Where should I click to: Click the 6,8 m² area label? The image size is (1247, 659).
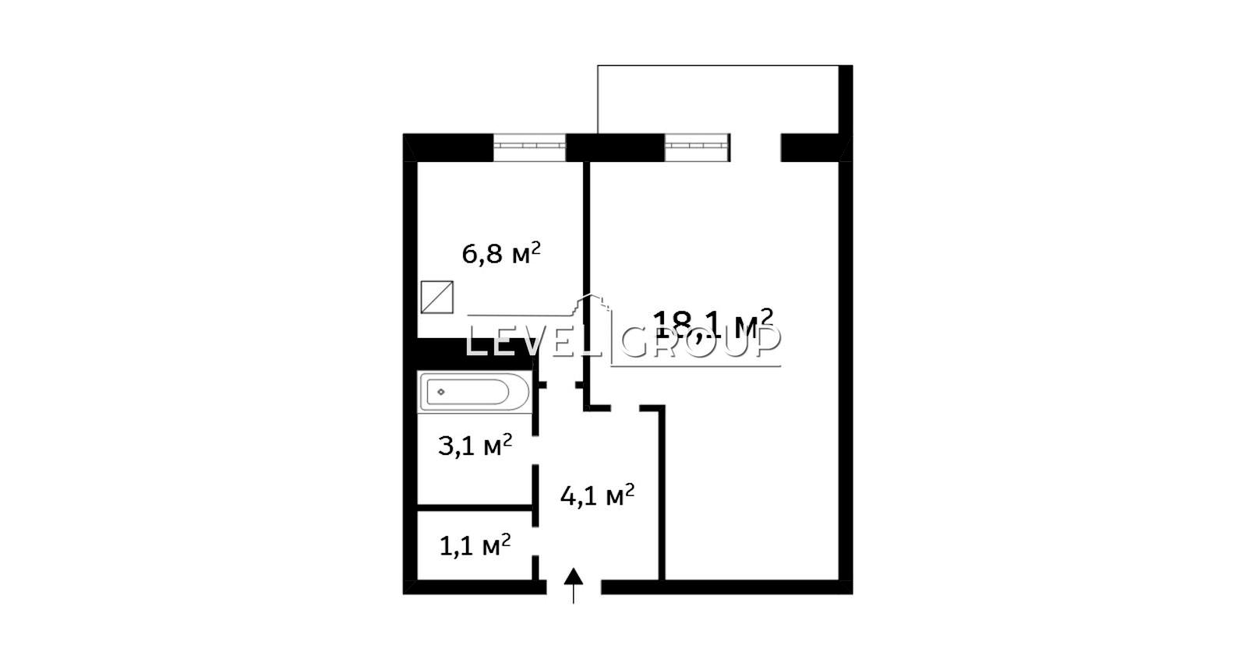point(501,254)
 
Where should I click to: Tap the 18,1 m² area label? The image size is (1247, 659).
point(713,325)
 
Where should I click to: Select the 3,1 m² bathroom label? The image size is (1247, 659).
point(475,446)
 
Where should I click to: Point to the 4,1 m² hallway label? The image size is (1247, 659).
point(597,495)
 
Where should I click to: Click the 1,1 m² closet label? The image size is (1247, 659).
point(475,545)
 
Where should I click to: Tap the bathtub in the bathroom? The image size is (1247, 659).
point(475,393)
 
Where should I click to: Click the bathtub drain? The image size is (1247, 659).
point(441,392)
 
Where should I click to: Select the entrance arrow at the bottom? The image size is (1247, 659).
point(574,586)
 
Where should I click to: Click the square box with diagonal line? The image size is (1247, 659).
point(437,298)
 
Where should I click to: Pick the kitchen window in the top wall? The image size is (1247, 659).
point(529,147)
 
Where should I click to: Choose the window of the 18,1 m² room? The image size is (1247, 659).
point(697,147)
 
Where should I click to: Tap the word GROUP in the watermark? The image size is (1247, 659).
point(701,340)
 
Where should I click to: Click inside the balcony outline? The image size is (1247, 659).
point(718,100)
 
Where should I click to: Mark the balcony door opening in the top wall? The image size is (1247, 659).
point(755,147)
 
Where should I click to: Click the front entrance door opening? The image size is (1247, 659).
point(574,587)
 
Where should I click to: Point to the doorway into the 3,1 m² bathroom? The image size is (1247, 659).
point(535,450)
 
